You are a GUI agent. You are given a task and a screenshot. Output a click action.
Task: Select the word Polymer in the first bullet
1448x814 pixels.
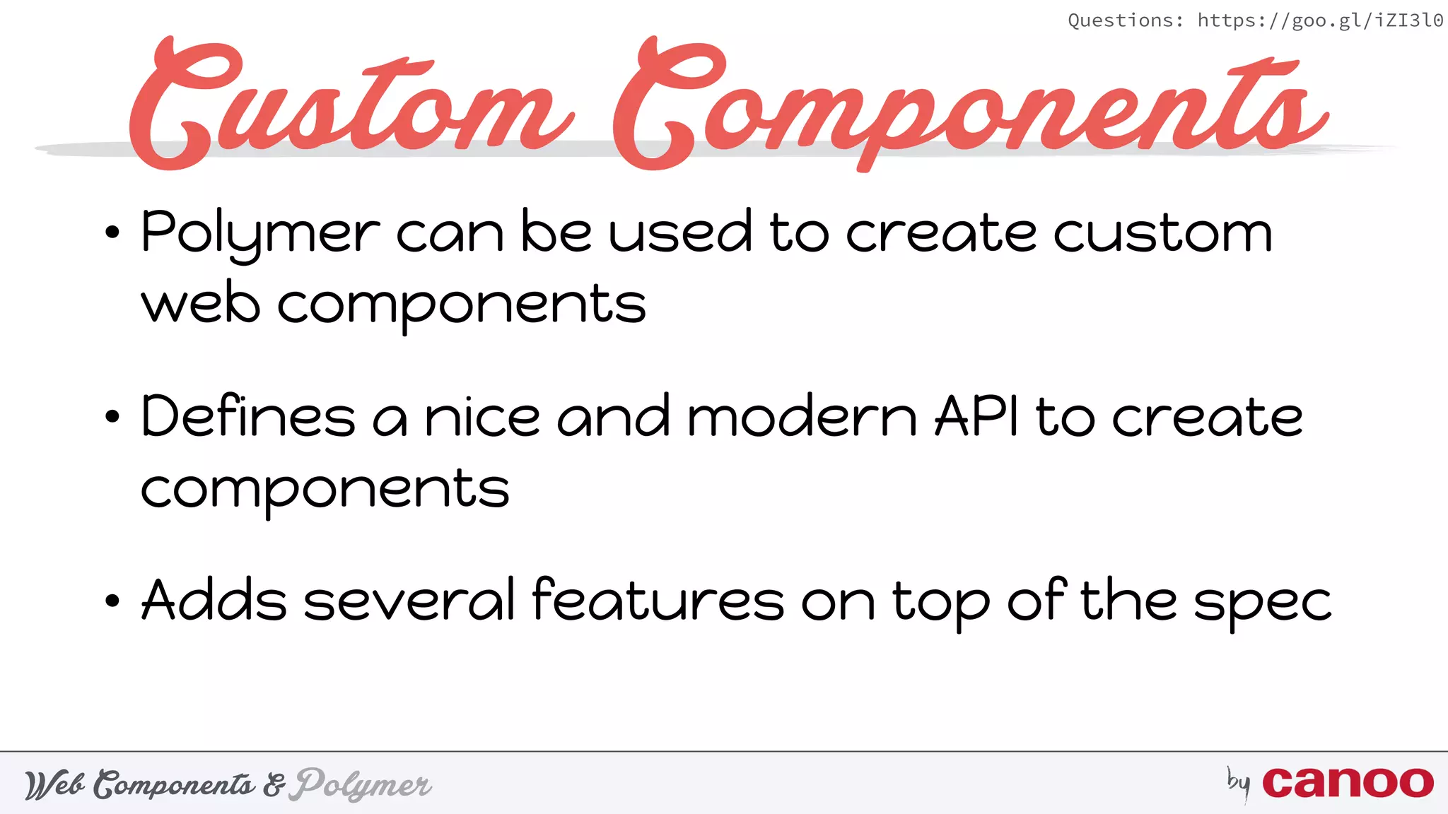(x=260, y=233)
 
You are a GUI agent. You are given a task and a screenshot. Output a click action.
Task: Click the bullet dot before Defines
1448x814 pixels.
(x=112, y=417)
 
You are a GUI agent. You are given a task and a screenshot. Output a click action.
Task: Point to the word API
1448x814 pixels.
(x=977, y=417)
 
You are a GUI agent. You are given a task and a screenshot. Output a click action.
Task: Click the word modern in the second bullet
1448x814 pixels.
(x=802, y=417)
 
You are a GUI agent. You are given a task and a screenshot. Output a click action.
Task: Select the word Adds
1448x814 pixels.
(x=214, y=601)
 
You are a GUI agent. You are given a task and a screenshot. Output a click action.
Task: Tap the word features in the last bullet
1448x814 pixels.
(x=658, y=601)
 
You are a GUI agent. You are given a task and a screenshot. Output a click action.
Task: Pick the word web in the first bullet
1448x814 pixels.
(x=201, y=305)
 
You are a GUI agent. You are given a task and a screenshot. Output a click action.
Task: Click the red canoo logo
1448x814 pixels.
(x=1348, y=782)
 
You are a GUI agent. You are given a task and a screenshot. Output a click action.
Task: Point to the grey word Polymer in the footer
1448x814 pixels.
(x=363, y=784)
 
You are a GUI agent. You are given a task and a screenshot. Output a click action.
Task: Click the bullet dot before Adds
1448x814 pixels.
(x=112, y=601)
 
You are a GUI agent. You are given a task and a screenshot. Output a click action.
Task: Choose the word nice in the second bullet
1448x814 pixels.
(x=482, y=417)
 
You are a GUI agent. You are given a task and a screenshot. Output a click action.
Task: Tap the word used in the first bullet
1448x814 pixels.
(x=680, y=233)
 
